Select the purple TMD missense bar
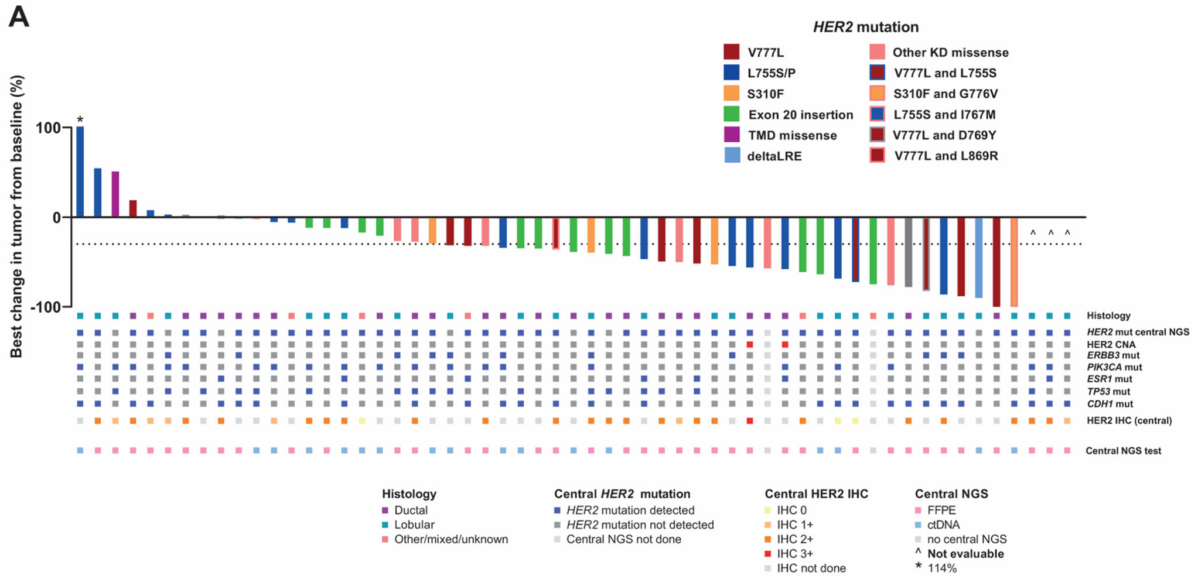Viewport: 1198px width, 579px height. coord(115,194)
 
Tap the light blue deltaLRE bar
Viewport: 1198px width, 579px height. coord(978,258)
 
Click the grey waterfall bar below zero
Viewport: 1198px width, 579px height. coord(908,252)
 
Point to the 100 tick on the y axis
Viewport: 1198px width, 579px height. coord(48,128)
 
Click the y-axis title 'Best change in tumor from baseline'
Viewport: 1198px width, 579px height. coord(16,217)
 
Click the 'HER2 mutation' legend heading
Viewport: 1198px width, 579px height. coord(865,27)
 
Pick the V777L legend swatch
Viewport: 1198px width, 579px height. coord(731,52)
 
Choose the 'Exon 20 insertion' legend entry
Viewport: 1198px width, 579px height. coord(800,115)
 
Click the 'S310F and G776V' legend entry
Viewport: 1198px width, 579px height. coord(945,94)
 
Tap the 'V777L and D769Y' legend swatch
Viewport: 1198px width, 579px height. coord(877,135)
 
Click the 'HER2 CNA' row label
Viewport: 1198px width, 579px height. coord(1111,344)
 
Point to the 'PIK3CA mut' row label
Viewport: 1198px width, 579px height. coord(1114,367)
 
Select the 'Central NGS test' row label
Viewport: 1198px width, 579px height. coord(1123,451)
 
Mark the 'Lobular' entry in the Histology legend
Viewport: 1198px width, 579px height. coord(414,525)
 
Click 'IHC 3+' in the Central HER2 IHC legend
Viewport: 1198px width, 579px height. coord(795,553)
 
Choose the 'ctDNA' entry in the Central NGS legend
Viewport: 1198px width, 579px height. coord(943,525)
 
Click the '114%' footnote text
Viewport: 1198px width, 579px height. coord(942,568)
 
